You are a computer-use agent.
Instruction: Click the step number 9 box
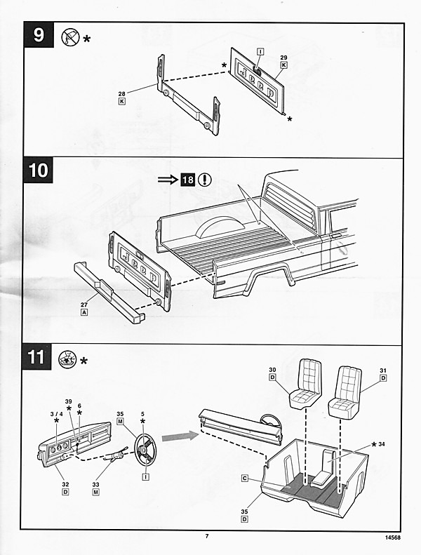coord(39,34)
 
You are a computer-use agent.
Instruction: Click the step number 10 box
coord(38,170)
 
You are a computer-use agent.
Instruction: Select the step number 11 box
coord(36,356)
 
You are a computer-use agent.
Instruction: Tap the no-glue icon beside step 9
coord(70,37)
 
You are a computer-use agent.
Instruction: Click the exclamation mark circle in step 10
coord(205,180)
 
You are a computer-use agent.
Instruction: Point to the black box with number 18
coord(188,180)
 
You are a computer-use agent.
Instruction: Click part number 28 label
coord(122,94)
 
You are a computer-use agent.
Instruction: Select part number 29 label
coord(283,58)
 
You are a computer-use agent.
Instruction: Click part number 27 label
coord(84,305)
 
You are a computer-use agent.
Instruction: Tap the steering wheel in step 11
coord(145,450)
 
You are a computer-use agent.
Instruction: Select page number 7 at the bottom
coord(207,536)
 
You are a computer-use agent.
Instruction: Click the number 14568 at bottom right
coord(393,537)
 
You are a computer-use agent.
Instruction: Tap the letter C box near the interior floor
coord(245,479)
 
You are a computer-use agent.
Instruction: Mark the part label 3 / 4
coord(57,414)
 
